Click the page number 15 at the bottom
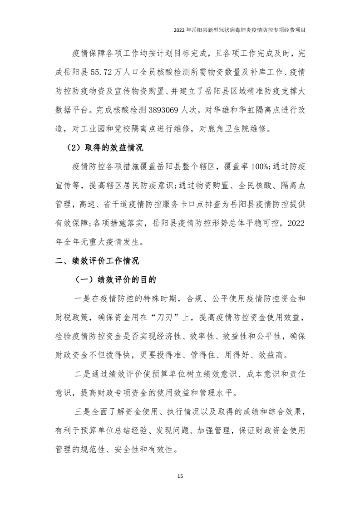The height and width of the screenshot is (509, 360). [x=180, y=476]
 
